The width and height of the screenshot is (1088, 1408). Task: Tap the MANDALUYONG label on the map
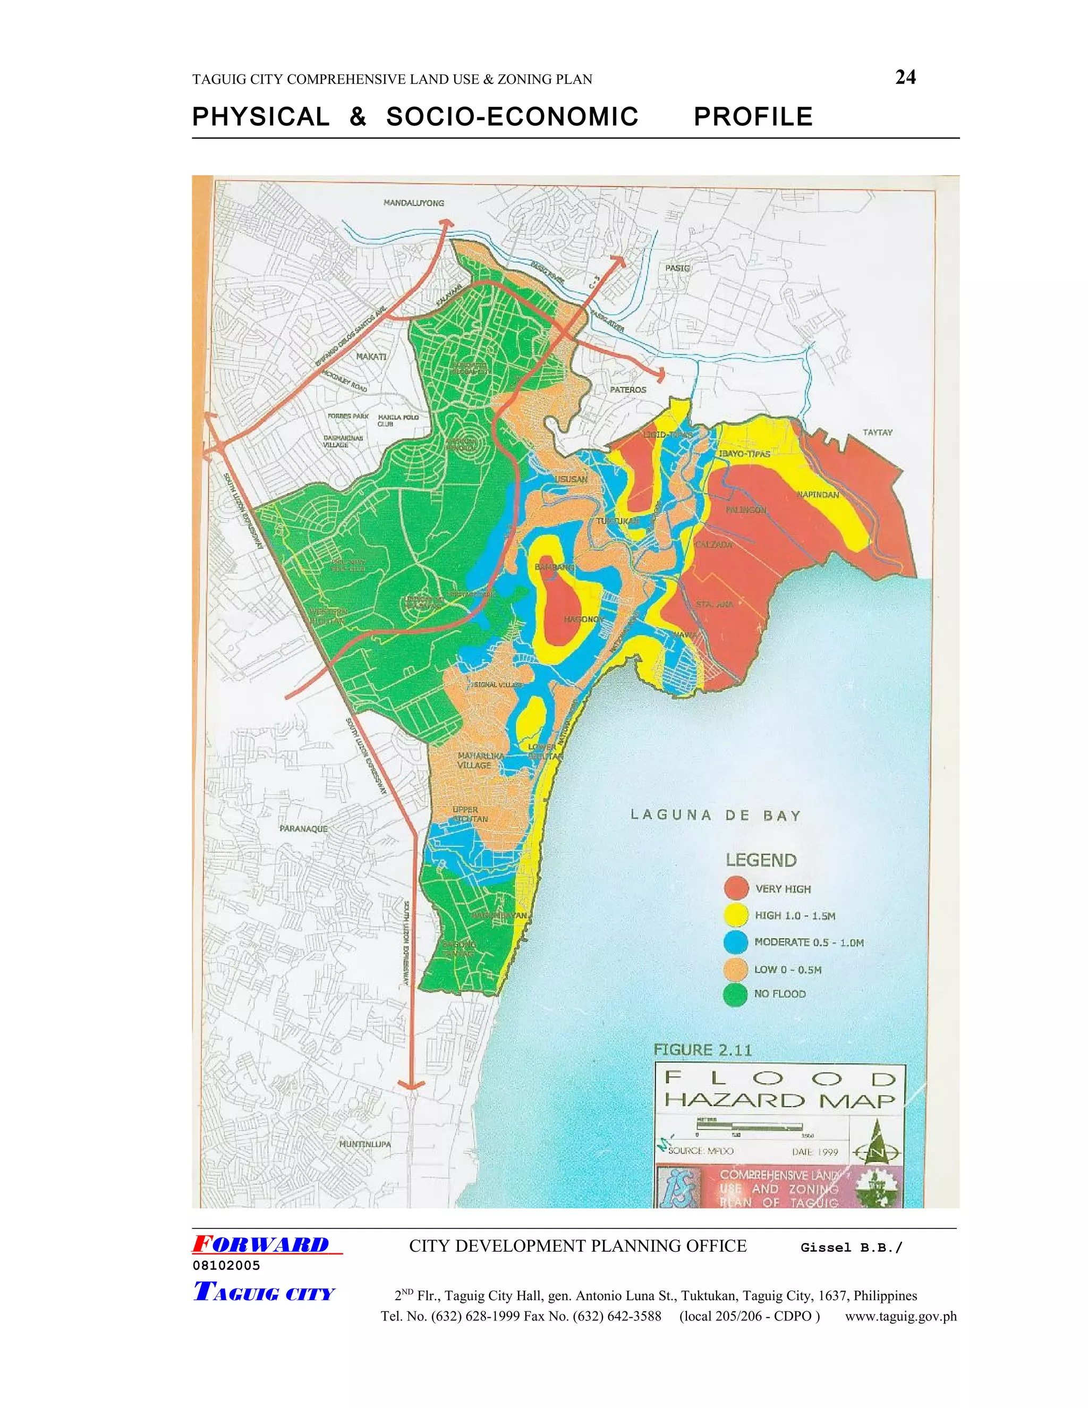click(414, 203)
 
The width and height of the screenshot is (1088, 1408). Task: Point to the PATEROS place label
click(628, 390)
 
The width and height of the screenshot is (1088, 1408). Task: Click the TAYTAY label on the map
click(877, 432)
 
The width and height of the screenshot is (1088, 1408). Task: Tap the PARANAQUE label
click(303, 829)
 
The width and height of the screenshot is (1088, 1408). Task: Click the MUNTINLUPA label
click(365, 1144)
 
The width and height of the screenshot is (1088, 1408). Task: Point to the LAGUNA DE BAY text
click(716, 816)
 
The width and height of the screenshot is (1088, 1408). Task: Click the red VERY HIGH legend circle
click(736, 888)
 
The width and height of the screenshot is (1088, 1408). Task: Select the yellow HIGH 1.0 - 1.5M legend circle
click(736, 915)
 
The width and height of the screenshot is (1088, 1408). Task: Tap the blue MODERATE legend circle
click(736, 942)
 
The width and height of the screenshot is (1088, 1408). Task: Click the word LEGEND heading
click(761, 860)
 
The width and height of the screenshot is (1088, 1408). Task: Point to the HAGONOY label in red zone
click(583, 620)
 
